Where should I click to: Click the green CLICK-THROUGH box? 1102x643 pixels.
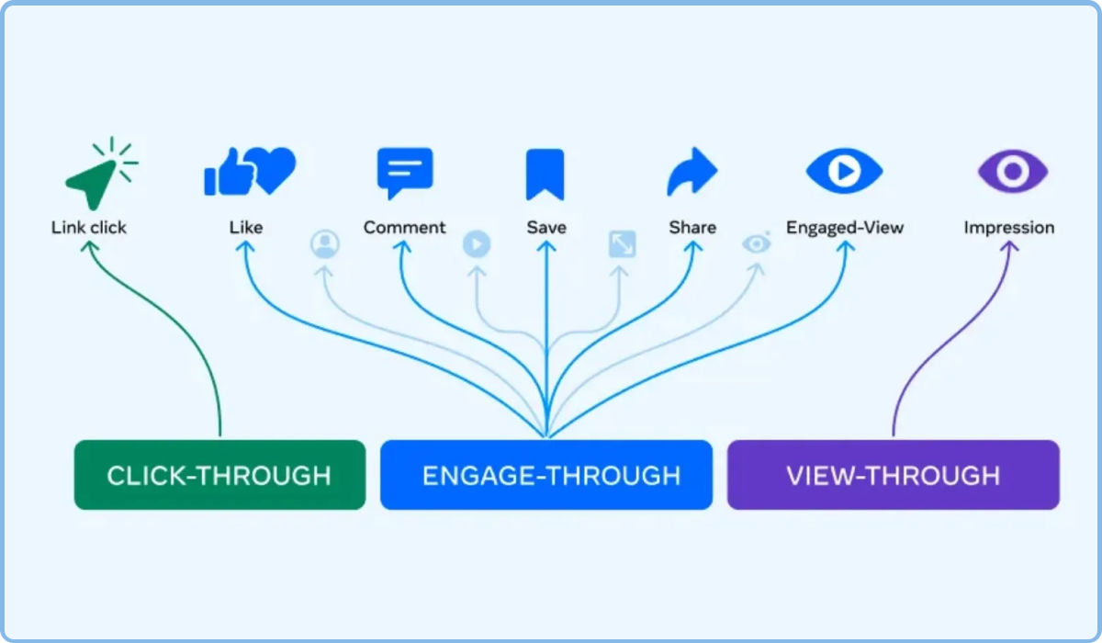point(219,475)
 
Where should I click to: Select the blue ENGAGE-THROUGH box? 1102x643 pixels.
point(546,475)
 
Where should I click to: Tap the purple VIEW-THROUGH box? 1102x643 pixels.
point(893,475)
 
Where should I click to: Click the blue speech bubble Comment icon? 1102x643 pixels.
point(405,172)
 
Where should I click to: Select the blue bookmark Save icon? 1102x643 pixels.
point(545,175)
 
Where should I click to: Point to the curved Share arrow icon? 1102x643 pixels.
point(692,171)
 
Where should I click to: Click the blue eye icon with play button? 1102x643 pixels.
point(844,171)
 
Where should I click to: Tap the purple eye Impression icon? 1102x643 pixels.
point(1013,171)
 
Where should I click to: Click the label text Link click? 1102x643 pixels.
point(89,227)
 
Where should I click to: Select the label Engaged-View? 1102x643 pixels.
point(845,228)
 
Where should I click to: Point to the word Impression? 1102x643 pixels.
point(1009,228)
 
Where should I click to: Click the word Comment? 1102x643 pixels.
point(404,227)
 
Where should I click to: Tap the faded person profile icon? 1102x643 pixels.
point(325,243)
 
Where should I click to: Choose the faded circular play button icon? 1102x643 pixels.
point(477,244)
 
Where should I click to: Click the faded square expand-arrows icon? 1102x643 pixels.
point(623,244)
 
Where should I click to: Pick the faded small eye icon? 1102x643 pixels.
point(757,243)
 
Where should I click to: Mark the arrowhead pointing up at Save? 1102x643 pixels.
point(546,246)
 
